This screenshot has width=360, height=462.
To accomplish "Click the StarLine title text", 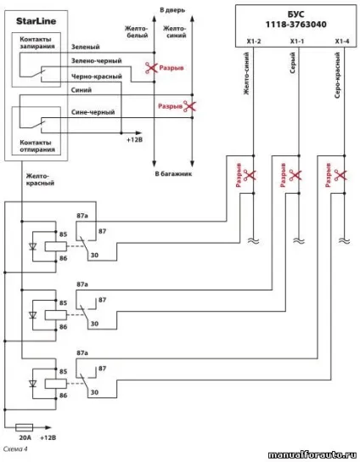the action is click(36, 21).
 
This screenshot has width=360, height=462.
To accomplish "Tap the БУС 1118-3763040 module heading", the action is click(296, 20).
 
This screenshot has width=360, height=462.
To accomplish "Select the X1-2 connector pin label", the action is click(254, 42).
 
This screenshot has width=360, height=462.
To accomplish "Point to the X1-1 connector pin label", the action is click(297, 42).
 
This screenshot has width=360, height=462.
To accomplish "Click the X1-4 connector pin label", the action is click(342, 42).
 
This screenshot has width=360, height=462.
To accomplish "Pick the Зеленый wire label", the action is click(86, 47).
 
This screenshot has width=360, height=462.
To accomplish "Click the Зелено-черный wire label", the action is click(96, 60).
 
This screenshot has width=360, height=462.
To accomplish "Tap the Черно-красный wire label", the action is click(96, 76).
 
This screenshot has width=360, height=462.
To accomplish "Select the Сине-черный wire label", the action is click(93, 112).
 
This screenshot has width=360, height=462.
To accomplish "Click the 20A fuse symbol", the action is click(24, 427).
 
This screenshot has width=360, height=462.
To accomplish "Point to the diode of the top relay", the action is click(33, 246).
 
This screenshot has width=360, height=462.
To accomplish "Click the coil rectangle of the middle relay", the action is click(56, 315).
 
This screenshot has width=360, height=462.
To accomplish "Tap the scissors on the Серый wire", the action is click(295, 175).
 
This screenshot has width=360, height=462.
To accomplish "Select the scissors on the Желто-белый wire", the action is click(152, 68).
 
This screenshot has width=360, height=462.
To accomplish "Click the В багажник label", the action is click(173, 174).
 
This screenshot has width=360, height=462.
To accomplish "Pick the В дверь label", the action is click(172, 10).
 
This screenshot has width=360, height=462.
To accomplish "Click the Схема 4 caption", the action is click(15, 448).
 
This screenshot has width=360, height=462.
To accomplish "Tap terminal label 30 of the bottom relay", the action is click(94, 392).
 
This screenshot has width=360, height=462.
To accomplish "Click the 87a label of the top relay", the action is click(82, 216).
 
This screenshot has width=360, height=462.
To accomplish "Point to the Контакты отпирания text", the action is click(37, 146).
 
